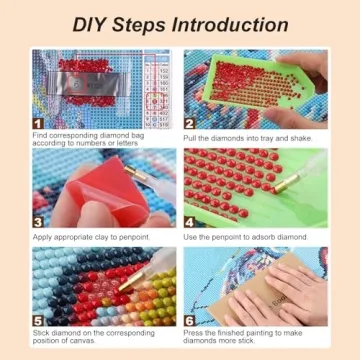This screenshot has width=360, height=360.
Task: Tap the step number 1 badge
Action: (39, 122)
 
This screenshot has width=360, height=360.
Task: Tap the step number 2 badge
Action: (189, 122)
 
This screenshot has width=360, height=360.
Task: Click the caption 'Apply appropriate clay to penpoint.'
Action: (91, 237)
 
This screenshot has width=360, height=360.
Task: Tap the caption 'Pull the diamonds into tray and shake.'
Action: (248, 138)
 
